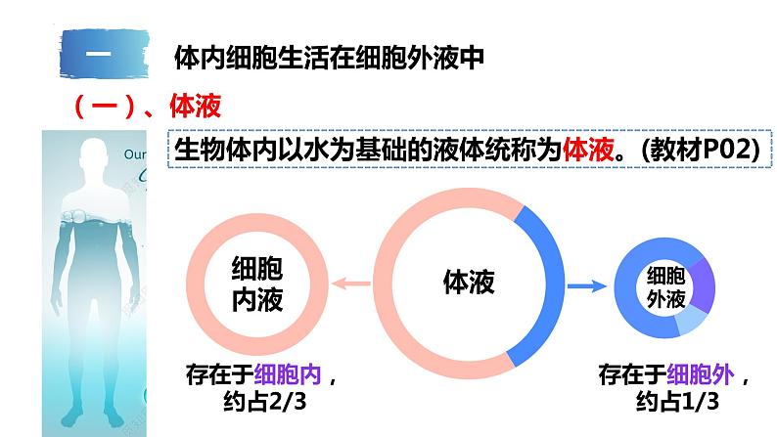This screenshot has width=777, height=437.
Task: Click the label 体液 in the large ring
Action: (469, 283)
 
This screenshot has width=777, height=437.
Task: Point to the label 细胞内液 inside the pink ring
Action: (256, 284)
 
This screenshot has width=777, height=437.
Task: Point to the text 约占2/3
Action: (261, 402)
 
